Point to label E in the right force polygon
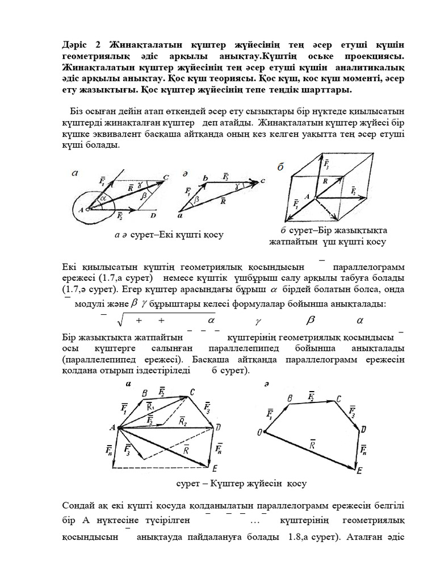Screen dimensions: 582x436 (359, 471)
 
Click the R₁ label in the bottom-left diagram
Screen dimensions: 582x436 (150, 407)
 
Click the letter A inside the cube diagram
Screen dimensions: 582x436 (307, 196)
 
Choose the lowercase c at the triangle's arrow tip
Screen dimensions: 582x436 (263, 181)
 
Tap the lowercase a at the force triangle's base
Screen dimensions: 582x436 (179, 217)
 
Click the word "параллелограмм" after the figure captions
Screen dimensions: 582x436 (369, 267)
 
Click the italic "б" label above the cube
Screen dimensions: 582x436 (280, 167)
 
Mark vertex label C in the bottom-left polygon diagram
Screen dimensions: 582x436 (192, 392)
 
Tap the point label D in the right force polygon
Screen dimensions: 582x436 (363, 429)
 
